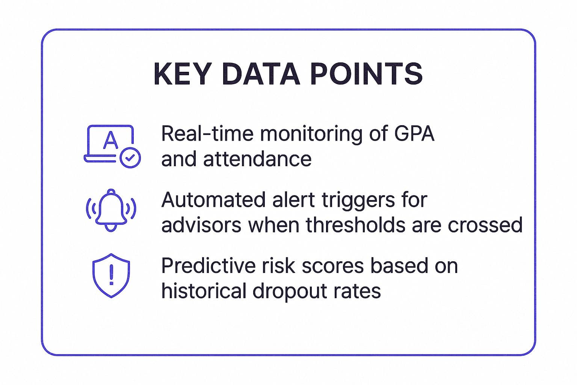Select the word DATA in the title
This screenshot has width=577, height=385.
pos(261,74)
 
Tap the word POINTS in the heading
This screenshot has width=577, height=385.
pos(367,74)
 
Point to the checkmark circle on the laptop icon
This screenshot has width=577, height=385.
pos(130,158)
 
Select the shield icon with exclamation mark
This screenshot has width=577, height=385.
pos(111,275)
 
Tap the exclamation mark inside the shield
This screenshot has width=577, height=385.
pos(111,274)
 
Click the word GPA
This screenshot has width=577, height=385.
pos(414,134)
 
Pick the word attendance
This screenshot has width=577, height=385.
pos(257,159)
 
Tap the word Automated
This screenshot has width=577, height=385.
pos(213,200)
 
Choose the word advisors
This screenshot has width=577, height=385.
pos(201,225)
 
